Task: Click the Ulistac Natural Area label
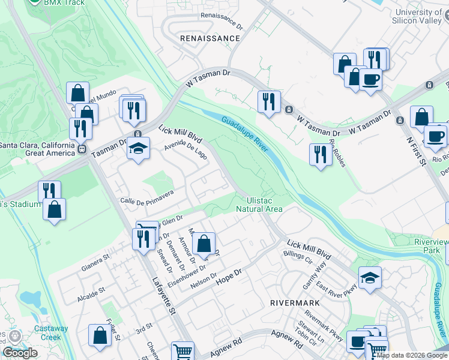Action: (x=259, y=205)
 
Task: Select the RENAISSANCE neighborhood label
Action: (x=210, y=38)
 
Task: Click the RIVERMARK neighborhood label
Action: (x=295, y=303)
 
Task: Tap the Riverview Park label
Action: (x=427, y=246)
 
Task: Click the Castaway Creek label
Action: (x=50, y=332)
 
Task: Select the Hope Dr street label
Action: (x=228, y=275)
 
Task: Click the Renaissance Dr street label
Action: (x=221, y=22)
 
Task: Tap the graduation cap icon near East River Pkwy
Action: (x=370, y=278)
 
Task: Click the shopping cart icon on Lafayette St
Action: (x=182, y=352)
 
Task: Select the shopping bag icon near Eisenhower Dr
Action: (x=204, y=244)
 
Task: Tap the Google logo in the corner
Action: (x=20, y=353)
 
